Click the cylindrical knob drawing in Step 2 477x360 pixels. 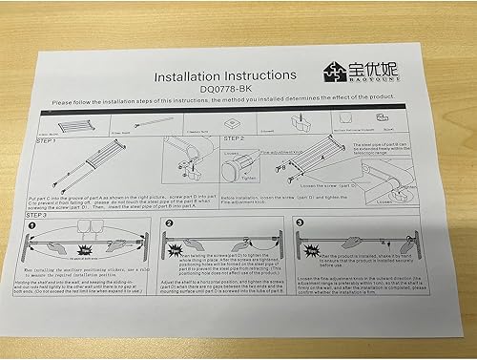[233, 169]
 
